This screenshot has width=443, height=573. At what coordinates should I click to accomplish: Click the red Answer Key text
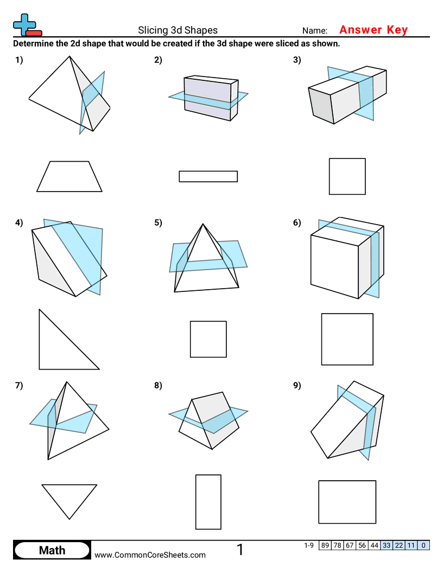[373, 30]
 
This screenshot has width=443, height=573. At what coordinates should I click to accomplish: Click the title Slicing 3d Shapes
[178, 30]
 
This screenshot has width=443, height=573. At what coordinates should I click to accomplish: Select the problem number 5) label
[158, 222]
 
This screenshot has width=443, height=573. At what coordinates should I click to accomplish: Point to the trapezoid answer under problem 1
[69, 176]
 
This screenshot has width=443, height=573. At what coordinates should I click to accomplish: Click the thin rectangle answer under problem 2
[208, 176]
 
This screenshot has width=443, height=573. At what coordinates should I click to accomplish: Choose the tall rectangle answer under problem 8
[208, 502]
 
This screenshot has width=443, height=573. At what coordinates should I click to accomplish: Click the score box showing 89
[325, 545]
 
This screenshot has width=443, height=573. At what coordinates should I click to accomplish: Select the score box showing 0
[423, 545]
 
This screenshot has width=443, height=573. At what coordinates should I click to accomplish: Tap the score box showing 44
[374, 545]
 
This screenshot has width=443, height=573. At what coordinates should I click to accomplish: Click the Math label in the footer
[52, 550]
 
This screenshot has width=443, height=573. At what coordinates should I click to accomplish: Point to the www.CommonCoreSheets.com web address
[150, 555]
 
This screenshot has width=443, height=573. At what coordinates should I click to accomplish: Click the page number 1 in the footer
[240, 550]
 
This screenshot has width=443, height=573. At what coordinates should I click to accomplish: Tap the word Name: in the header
[315, 31]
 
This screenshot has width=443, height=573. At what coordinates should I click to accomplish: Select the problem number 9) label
[296, 386]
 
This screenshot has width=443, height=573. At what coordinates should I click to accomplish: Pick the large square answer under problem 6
[347, 339]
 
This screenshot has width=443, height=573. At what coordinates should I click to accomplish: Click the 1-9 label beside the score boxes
[309, 545]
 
